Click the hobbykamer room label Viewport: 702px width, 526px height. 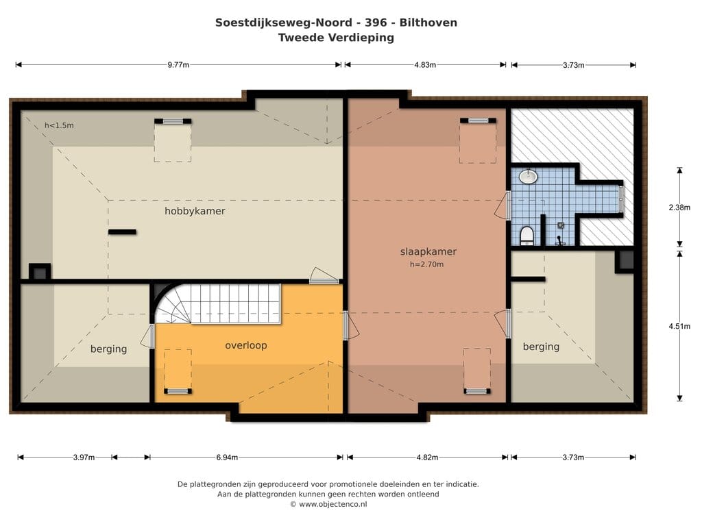195,211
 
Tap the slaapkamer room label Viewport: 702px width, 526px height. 428,252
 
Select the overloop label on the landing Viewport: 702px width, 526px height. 246,345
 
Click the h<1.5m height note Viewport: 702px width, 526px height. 59,126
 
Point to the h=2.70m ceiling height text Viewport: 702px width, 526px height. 426,264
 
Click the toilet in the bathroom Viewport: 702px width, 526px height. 527,236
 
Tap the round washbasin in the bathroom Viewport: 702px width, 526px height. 529,176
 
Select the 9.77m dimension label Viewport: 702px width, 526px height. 178,65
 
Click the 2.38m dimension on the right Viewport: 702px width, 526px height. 679,207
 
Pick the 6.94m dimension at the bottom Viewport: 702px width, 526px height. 227,458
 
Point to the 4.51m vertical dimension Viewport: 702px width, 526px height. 679,326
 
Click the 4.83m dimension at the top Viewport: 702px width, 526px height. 425,65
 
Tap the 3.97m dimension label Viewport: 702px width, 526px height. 84,458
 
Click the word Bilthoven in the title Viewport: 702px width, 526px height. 428,23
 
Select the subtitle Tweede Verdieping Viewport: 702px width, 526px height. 336,38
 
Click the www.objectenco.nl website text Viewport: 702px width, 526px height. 333,504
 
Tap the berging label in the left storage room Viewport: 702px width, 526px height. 109,349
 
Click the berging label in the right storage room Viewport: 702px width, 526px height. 542,347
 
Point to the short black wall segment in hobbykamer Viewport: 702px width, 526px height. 122,231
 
